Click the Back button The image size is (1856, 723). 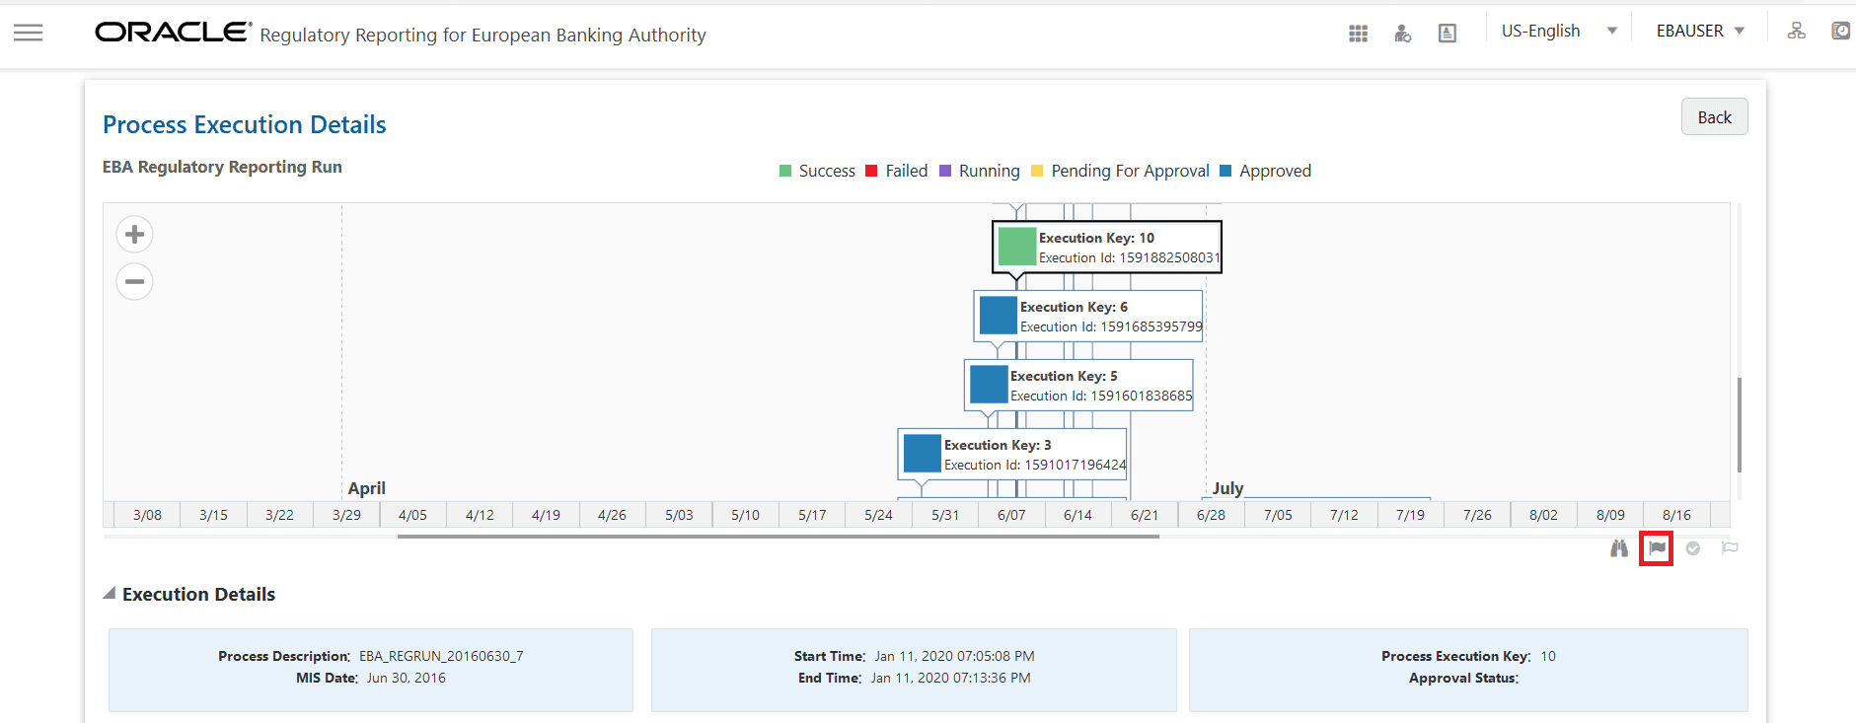click(1714, 117)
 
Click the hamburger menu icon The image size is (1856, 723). click(28, 33)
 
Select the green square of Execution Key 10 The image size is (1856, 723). click(1016, 247)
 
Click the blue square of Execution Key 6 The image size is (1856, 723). click(998, 316)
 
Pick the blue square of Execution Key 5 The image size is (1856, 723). click(988, 385)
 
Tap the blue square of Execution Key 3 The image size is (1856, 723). click(922, 454)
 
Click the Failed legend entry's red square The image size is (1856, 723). click(871, 171)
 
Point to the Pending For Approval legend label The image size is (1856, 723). click(1130, 171)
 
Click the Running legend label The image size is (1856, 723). click(989, 171)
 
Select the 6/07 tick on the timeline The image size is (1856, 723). click(1011, 515)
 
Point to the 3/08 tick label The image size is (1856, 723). click(147, 515)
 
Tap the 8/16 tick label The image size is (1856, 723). click(1676, 515)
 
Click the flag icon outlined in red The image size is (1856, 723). click(1657, 548)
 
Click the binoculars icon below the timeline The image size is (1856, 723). click(1619, 548)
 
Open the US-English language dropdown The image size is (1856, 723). click(1558, 32)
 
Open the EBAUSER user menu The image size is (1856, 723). click(1700, 32)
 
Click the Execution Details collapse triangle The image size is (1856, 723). click(110, 594)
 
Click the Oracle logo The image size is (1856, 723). click(173, 33)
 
